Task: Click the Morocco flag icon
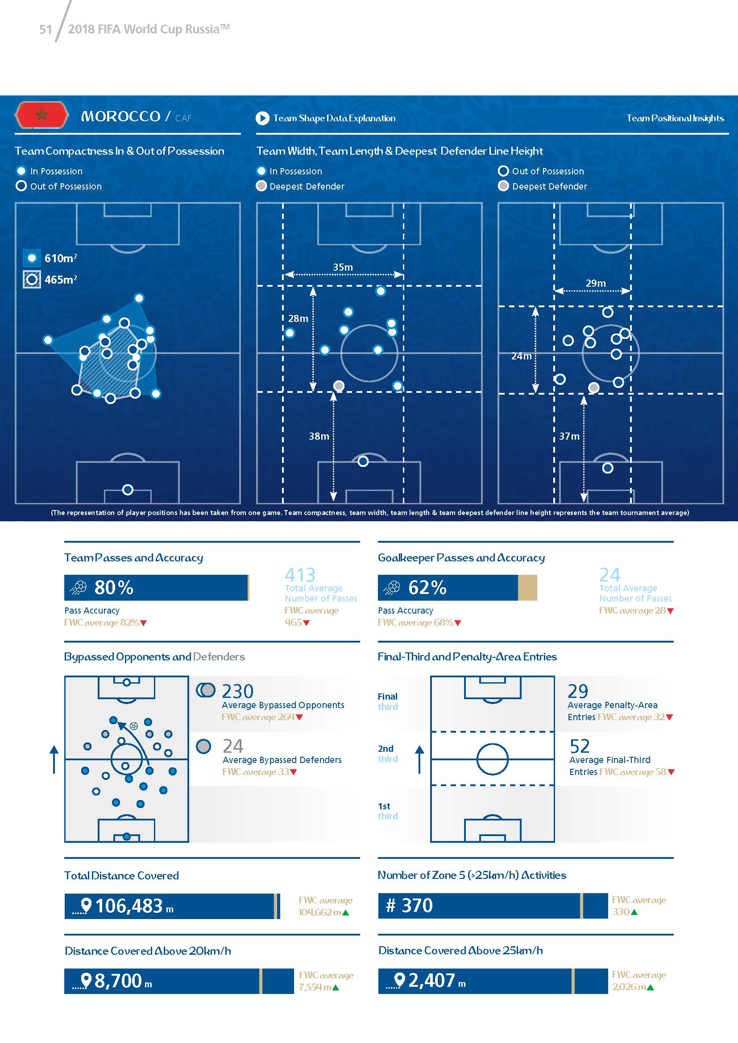tap(41, 115)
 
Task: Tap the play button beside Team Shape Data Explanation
tap(262, 118)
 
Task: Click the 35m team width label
tap(343, 267)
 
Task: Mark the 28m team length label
tap(298, 318)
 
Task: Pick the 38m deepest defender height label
tap(319, 436)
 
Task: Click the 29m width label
tap(595, 283)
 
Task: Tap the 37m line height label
tap(569, 436)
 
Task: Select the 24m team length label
tap(521, 356)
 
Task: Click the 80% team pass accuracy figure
tap(114, 587)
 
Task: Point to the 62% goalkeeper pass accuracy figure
tap(427, 587)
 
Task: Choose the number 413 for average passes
tap(300, 575)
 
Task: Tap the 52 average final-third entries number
tap(580, 746)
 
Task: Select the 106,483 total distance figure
tap(129, 906)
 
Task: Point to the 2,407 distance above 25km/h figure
tap(431, 980)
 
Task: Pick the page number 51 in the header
tap(46, 29)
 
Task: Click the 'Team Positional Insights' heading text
tap(675, 118)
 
